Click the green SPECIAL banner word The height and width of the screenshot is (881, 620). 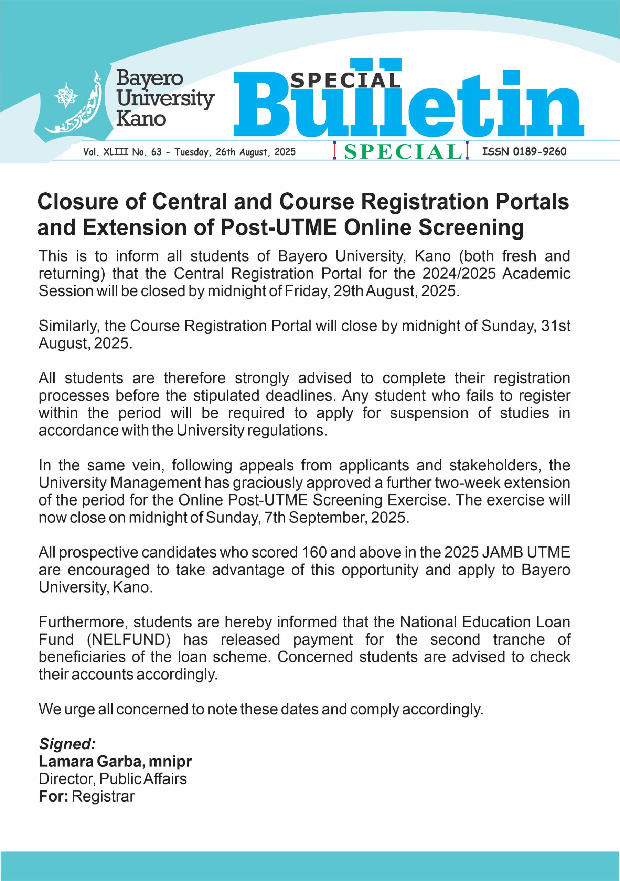403,151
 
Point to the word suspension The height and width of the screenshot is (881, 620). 429,413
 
